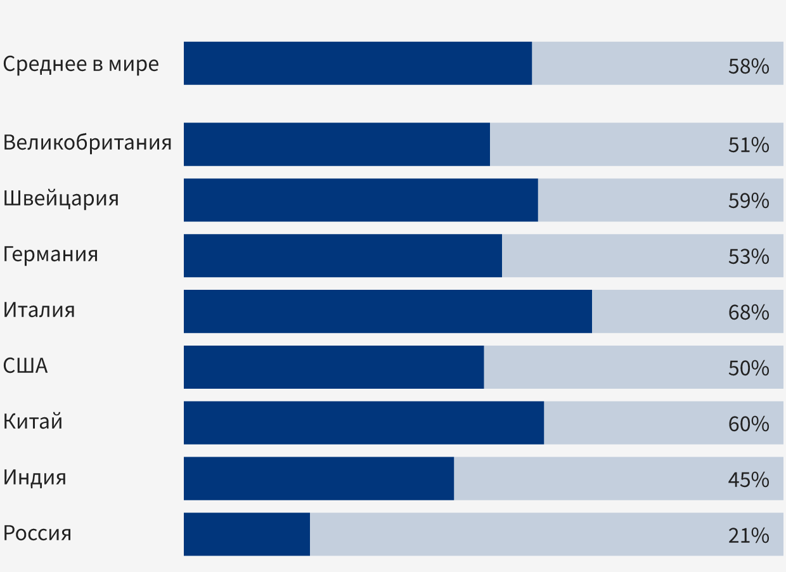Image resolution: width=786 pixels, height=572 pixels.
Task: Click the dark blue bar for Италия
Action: click(387, 311)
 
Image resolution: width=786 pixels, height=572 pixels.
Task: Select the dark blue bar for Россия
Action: click(247, 535)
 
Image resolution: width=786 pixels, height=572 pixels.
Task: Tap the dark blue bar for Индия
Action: click(319, 479)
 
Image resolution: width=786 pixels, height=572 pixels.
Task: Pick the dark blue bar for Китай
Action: click(363, 423)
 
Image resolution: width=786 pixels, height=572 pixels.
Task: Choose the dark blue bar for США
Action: click(333, 367)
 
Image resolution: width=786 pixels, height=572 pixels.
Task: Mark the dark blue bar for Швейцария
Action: click(361, 200)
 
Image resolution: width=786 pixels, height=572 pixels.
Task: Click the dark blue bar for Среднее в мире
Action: click(358, 63)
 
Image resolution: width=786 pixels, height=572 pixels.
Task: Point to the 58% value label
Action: click(748, 67)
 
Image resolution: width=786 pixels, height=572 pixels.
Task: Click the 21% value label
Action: click(748, 536)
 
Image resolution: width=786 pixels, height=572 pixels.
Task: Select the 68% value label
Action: click(748, 313)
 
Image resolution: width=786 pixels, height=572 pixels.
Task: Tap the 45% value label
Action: click(748, 480)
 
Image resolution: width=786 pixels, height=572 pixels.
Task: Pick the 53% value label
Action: click(748, 257)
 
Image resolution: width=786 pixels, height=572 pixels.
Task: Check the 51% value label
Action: click(748, 145)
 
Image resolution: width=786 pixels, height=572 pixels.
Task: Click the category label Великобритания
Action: click(87, 143)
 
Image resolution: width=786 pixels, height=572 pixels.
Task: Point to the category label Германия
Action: click(51, 255)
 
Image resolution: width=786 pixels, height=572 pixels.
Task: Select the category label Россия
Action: click(37, 533)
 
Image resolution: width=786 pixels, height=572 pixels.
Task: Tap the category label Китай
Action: click(33, 422)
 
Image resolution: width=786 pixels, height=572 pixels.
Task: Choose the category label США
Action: click(25, 367)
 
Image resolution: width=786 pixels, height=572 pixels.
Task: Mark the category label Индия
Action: click(35, 478)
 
